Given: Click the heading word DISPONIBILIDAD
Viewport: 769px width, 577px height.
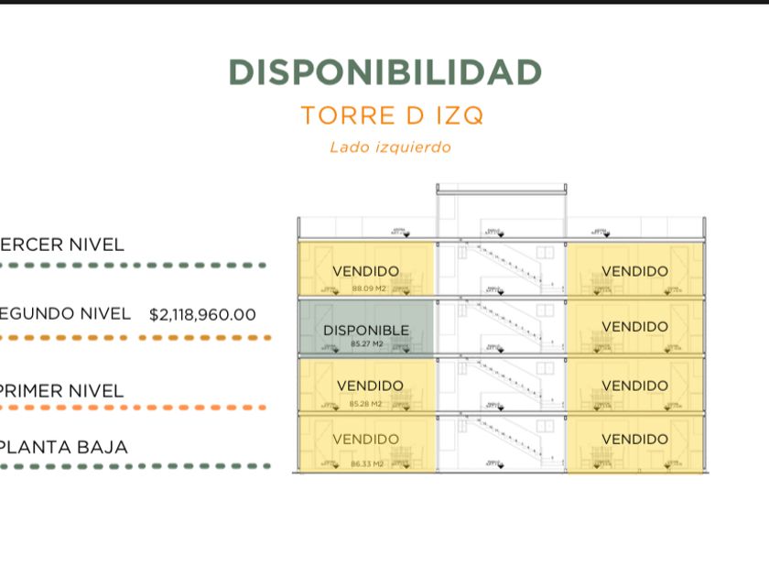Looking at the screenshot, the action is pyautogui.click(x=384, y=72).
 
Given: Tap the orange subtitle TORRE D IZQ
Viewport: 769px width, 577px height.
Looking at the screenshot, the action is pyautogui.click(x=392, y=115).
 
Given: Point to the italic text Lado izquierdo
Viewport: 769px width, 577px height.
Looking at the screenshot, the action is pyautogui.click(x=390, y=147).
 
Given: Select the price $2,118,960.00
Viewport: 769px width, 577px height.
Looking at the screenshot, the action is pyautogui.click(x=202, y=315).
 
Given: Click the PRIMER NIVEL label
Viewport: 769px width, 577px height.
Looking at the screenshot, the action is pyautogui.click(x=62, y=391).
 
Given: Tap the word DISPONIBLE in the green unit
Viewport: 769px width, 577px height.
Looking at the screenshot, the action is pyautogui.click(x=366, y=330).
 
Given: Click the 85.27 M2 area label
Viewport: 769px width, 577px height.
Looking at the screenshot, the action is pyautogui.click(x=366, y=344).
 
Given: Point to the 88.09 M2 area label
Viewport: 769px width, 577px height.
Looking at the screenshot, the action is pyautogui.click(x=367, y=288).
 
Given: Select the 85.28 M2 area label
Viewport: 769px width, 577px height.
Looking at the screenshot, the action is pyautogui.click(x=367, y=403).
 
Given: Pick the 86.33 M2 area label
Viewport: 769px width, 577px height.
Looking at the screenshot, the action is pyautogui.click(x=367, y=464).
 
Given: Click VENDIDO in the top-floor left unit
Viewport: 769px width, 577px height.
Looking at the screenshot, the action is pyautogui.click(x=366, y=271).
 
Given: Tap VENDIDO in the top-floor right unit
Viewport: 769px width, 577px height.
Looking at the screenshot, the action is pyautogui.click(x=634, y=271).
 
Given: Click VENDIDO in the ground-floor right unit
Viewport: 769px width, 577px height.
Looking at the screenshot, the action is pyautogui.click(x=634, y=439).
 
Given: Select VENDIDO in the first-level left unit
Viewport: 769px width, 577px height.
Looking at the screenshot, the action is pyautogui.click(x=370, y=386).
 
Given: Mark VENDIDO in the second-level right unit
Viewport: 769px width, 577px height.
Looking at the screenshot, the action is pyautogui.click(x=634, y=326).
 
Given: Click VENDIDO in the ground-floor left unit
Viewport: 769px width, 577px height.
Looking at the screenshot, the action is pyautogui.click(x=366, y=440).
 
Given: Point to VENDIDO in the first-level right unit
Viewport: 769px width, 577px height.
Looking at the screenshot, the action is pyautogui.click(x=634, y=386).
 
